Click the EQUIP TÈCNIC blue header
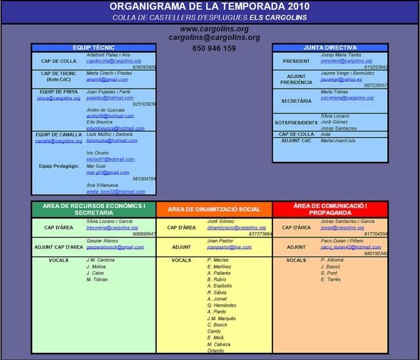pos(94,48)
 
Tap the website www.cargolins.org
pos(214,29)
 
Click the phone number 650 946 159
pos(215,49)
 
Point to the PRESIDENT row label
pos(296,61)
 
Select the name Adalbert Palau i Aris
pos(109,55)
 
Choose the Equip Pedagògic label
pos(58,166)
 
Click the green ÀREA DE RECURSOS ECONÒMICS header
pos(94,209)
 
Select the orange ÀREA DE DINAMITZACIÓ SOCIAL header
pos(214,209)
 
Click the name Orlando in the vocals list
pos(216,350)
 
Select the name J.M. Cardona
pos(100,260)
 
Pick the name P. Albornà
pos(333,260)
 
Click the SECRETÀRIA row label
pos(296,101)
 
